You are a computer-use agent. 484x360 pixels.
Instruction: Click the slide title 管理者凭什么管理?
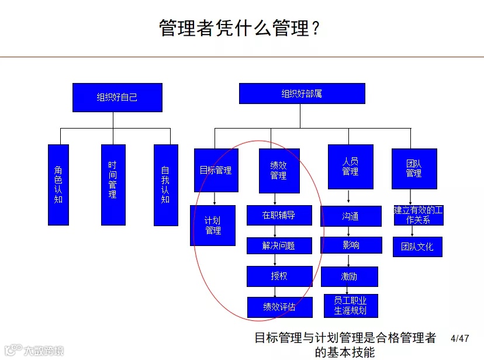coord(240,27)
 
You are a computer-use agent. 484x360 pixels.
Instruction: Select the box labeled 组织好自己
coord(117,97)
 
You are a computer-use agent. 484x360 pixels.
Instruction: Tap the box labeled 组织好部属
coord(302,94)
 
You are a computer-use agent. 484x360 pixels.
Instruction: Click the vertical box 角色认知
coord(58,185)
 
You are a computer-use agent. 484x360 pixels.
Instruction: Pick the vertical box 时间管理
coord(113,185)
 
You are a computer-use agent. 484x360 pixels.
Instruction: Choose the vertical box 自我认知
coord(165,185)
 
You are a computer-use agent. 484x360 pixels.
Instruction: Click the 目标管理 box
coord(216,170)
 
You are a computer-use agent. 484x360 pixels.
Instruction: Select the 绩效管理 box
coord(279,170)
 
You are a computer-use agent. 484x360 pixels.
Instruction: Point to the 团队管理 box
coord(414,168)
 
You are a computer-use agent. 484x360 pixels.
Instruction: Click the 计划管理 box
coord(213,225)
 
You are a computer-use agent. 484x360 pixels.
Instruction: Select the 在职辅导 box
coord(279,215)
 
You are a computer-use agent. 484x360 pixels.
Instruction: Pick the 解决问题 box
coord(279,245)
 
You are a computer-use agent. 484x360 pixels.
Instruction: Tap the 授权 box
coord(279,276)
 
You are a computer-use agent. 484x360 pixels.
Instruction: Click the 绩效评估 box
coord(279,307)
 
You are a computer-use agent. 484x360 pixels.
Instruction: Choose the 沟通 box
coord(350,216)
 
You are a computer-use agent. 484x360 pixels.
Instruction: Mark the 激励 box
coord(350,276)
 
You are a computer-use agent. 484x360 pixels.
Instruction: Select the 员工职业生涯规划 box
coord(350,306)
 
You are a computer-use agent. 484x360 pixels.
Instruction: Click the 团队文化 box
coord(417,247)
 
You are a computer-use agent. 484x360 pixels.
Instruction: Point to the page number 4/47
coord(460,338)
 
